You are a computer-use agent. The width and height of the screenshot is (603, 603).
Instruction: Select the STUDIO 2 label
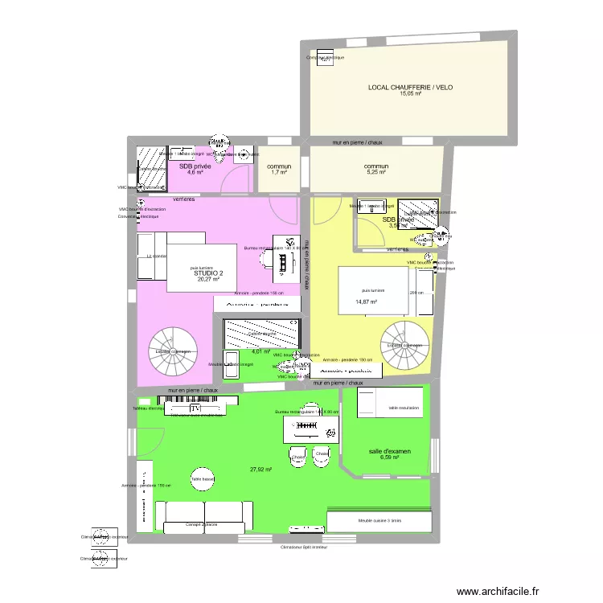click(x=208, y=273)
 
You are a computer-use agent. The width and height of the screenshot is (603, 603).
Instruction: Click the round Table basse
click(x=202, y=479)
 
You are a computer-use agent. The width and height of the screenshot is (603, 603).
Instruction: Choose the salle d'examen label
click(x=389, y=452)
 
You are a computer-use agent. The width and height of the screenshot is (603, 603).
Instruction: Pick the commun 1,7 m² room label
click(x=279, y=167)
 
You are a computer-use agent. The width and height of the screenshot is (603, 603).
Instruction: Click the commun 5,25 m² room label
click(x=376, y=167)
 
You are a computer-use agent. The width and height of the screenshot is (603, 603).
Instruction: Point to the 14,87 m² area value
click(x=366, y=302)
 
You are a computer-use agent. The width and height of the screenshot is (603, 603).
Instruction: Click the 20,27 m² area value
click(x=208, y=280)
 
